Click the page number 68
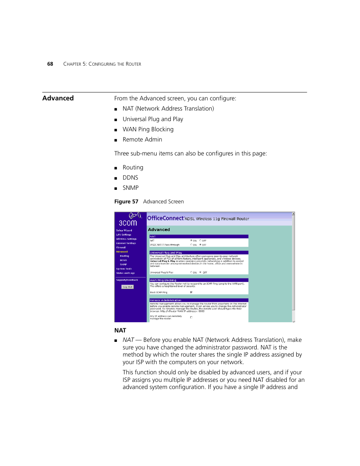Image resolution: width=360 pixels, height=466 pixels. pyautogui.click(x=50, y=64)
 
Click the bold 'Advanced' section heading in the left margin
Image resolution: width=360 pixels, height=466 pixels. pyautogui.click(x=58, y=98)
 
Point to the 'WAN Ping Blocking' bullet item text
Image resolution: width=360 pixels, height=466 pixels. pyautogui.click(x=148, y=129)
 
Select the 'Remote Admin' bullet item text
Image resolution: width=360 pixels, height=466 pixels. pyautogui.click(x=142, y=140)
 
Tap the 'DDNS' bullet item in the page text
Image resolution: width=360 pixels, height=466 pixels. pyautogui.click(x=130, y=178)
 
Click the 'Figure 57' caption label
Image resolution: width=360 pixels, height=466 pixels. pyautogui.click(x=126, y=202)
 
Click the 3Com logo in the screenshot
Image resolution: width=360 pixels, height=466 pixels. pyautogui.click(x=128, y=220)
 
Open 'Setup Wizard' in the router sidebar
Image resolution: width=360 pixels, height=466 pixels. pyautogui.click(x=124, y=230)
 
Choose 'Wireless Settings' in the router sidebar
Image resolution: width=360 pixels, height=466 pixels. pyautogui.click(x=126, y=239)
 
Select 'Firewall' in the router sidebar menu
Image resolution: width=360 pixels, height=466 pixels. pyautogui.click(x=121, y=248)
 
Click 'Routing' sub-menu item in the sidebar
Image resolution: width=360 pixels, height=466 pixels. pyautogui.click(x=124, y=256)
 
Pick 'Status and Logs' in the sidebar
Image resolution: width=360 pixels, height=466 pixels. pyautogui.click(x=125, y=273)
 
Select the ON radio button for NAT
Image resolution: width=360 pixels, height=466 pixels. pyautogui.click(x=191, y=240)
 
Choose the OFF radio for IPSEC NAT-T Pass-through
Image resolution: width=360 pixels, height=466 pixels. pyautogui.click(x=200, y=245)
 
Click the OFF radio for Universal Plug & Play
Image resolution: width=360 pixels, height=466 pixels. pyautogui.click(x=200, y=272)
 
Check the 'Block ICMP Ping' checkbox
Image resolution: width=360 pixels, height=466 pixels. pyautogui.click(x=191, y=292)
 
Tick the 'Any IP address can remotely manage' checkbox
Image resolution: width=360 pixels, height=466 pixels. pyautogui.click(x=191, y=317)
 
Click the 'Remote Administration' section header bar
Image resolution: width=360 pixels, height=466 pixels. pyautogui.click(x=198, y=300)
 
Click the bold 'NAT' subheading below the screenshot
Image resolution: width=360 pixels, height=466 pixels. pyautogui.click(x=120, y=331)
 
